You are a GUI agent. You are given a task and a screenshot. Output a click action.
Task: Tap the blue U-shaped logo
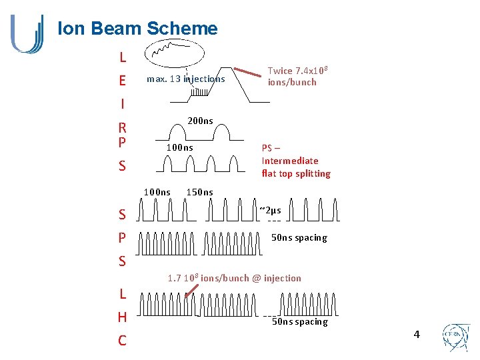click(x=27, y=33)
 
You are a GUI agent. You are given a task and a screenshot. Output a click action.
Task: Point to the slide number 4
click(x=417, y=334)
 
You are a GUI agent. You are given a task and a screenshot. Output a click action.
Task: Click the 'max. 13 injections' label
click(x=185, y=79)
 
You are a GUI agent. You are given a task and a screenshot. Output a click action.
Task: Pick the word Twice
click(x=280, y=71)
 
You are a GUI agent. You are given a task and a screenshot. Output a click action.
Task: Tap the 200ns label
click(x=200, y=121)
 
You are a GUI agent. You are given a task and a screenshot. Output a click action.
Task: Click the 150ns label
click(x=199, y=192)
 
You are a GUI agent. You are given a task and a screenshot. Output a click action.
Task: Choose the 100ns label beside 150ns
click(x=157, y=192)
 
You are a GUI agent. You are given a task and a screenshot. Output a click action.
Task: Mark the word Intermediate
click(x=290, y=161)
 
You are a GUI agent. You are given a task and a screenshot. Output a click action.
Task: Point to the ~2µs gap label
click(x=270, y=211)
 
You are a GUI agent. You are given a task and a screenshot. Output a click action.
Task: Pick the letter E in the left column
click(x=122, y=81)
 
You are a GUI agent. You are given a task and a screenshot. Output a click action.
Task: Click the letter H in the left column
click(x=122, y=317)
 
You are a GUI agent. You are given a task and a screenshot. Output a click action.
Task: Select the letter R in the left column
click(x=122, y=127)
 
